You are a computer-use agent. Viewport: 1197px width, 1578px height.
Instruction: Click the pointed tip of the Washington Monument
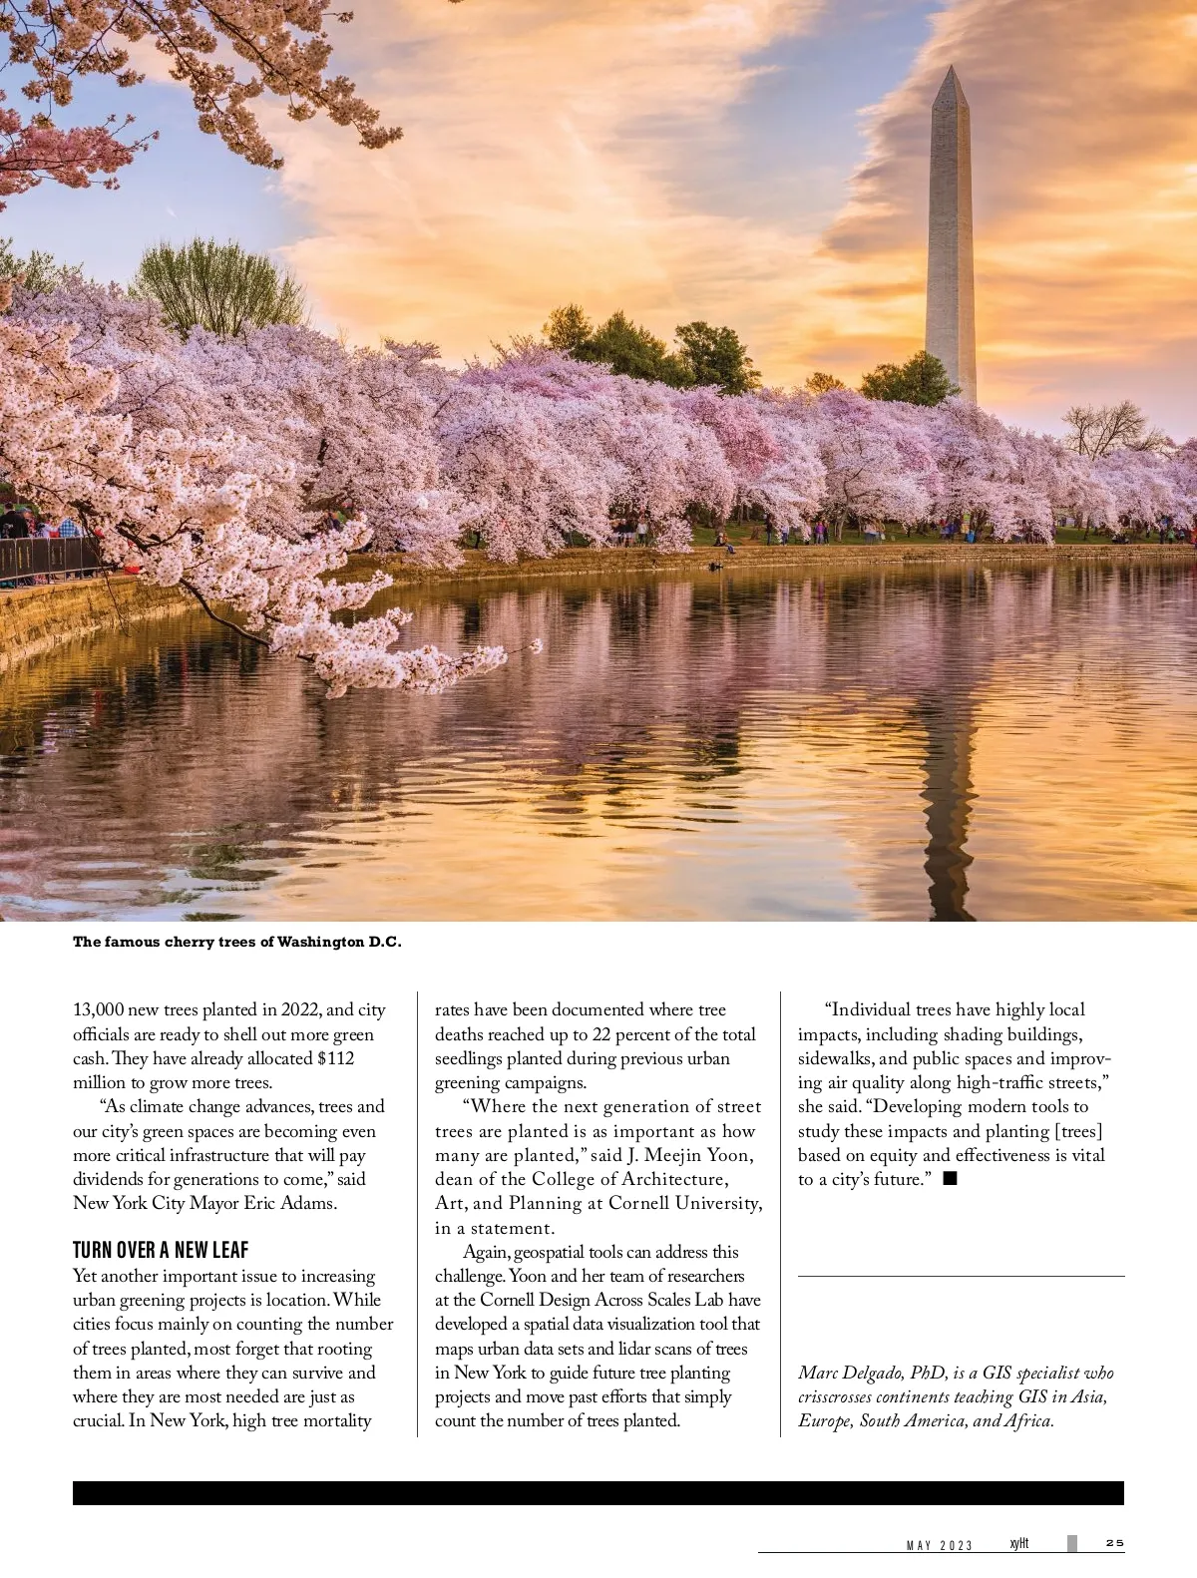(952, 69)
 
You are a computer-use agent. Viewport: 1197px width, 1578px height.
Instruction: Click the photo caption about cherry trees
(236, 942)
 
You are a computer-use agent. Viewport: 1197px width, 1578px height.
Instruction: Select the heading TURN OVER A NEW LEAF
(161, 1250)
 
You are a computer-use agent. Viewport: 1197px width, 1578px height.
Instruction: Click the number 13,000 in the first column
(98, 1009)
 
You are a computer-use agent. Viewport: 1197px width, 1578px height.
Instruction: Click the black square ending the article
(950, 1179)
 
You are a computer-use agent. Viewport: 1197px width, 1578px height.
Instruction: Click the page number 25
(1114, 1543)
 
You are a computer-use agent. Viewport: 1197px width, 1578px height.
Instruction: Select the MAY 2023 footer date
(939, 1545)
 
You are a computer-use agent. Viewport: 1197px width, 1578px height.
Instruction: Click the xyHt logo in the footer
(1018, 1543)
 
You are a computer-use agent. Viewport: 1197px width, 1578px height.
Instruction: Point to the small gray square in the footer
(1072, 1543)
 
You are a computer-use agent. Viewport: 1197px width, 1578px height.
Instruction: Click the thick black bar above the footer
(598, 1492)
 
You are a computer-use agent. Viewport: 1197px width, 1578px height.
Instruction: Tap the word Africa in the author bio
(1027, 1420)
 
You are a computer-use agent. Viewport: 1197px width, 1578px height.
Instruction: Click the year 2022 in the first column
(301, 1009)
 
